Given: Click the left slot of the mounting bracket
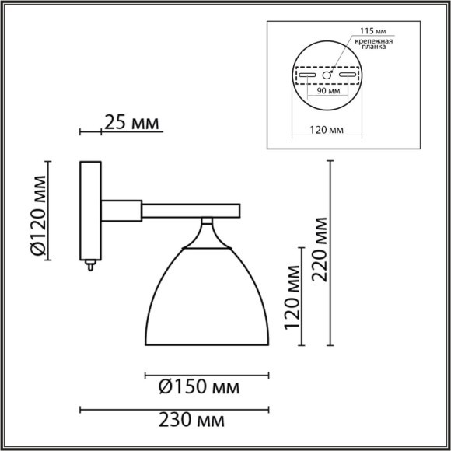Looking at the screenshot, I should [x=309, y=77].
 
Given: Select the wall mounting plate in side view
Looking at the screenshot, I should [x=90, y=210].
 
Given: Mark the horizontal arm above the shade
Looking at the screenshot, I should [x=191, y=209].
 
